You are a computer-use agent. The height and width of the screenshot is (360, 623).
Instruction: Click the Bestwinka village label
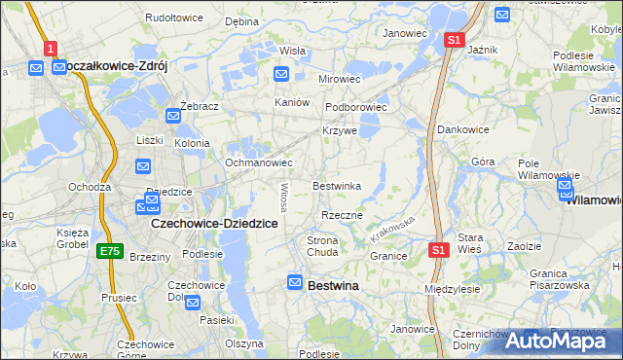[337, 186]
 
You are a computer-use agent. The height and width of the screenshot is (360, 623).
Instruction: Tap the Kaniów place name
[292, 102]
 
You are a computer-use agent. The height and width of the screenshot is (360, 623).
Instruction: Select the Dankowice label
[462, 129]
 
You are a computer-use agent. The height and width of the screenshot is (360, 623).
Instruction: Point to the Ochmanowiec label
[259, 162]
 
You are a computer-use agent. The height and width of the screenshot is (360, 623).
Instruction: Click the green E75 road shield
[110, 251]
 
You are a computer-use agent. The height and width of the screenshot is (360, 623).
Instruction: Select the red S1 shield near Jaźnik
[454, 40]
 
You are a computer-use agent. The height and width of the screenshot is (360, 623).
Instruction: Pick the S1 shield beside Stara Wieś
[438, 250]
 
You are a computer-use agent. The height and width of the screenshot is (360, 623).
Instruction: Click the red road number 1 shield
[51, 47]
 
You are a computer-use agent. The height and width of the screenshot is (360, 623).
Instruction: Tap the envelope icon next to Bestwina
[295, 282]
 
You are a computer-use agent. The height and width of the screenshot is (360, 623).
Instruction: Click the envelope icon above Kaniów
[281, 73]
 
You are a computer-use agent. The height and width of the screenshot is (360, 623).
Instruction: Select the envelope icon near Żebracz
[173, 116]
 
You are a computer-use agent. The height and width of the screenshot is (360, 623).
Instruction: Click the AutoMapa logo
[561, 340]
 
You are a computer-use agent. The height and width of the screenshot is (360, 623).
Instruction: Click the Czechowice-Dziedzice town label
[215, 223]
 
